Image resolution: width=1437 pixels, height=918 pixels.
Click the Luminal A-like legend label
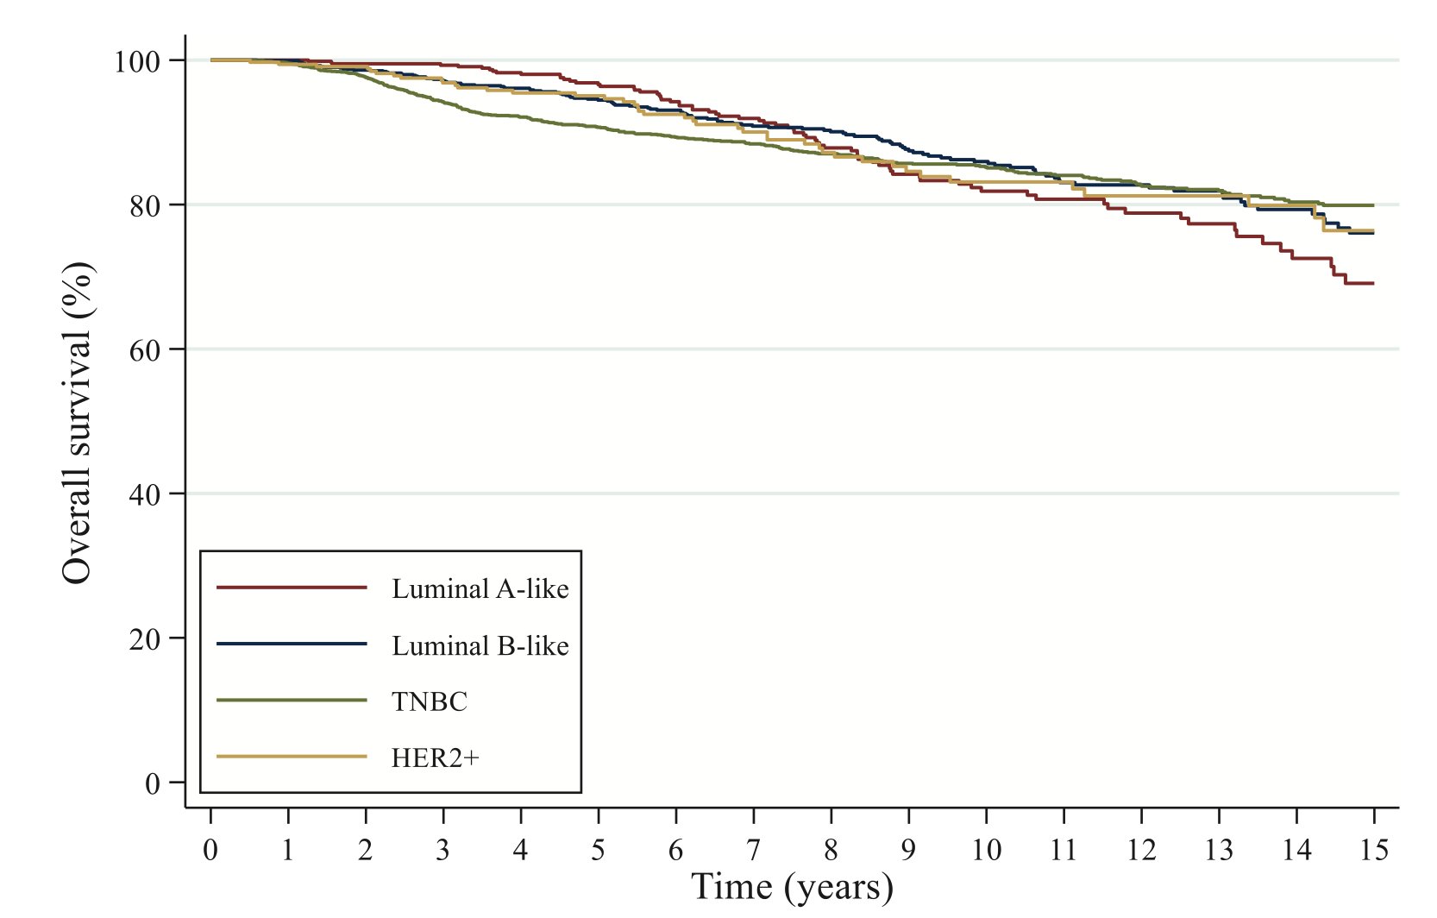[480, 589]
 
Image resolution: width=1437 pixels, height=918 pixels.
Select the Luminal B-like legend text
[480, 646]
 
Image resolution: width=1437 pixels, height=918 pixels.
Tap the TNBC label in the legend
[429, 702]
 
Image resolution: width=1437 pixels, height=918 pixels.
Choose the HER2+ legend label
[435, 758]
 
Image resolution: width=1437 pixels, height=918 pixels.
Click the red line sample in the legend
[292, 588]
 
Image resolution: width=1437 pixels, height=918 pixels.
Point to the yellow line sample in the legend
[292, 758]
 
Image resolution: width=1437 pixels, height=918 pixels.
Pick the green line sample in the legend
[292, 701]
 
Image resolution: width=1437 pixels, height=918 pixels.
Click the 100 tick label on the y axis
[137, 61]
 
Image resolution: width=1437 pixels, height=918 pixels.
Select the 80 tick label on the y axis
[145, 205]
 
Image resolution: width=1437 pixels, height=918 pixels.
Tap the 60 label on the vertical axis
[145, 349]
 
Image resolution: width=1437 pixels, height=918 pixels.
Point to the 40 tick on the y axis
[145, 494]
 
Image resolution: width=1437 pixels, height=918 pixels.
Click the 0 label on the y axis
[153, 783]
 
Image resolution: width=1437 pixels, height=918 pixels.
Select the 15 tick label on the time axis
[1374, 851]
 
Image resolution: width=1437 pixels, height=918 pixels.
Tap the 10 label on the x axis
[986, 851]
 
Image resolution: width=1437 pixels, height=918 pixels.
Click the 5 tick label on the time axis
[598, 851]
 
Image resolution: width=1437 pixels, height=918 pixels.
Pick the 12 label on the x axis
[1141, 851]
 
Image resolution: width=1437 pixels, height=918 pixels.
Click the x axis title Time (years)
[792, 888]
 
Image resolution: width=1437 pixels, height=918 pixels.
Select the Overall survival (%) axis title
[78, 423]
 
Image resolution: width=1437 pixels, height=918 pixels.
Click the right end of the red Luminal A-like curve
[1373, 283]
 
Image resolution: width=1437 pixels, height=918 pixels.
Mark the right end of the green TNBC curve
[1373, 205]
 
